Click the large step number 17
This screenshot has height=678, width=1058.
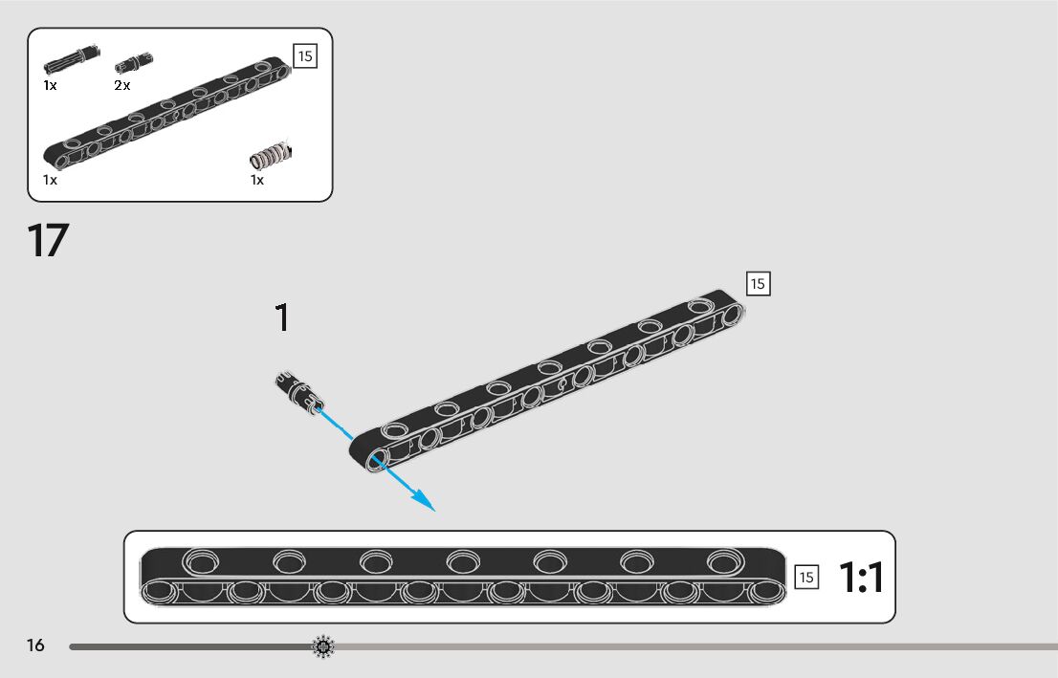(49, 241)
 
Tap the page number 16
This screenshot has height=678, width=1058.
(35, 645)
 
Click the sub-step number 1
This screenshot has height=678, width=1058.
(281, 318)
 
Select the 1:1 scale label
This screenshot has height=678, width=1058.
(861, 578)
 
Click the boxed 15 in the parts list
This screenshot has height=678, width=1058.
(304, 56)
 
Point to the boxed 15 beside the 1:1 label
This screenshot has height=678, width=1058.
(806, 577)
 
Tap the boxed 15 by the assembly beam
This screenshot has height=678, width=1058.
(758, 284)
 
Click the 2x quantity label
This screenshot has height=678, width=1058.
(122, 85)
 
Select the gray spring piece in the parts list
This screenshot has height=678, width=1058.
(270, 154)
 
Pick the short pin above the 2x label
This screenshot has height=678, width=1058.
(134, 62)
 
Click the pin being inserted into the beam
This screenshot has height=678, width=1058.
(298, 392)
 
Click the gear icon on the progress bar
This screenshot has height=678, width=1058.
(323, 647)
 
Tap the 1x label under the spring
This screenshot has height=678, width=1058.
(257, 180)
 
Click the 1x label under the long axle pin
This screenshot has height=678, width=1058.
(50, 85)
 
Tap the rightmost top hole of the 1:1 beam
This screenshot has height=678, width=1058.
(722, 561)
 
